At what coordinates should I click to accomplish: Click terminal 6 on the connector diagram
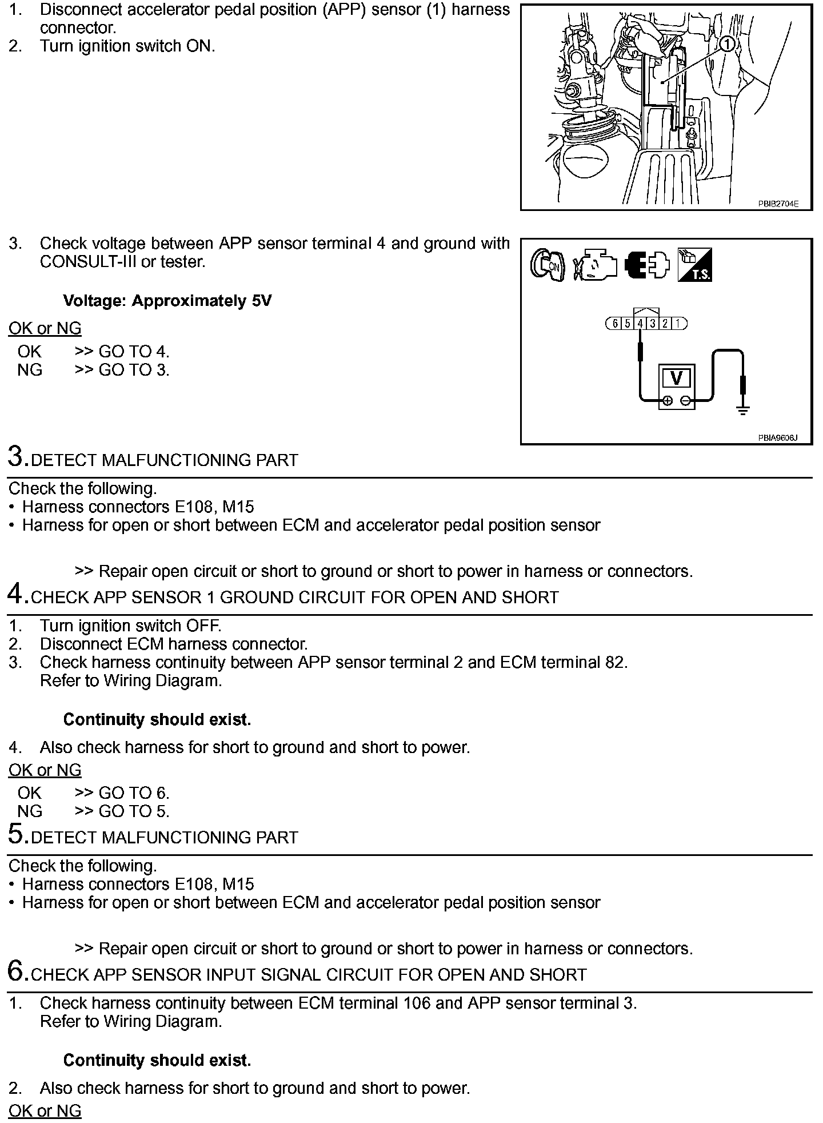click(x=615, y=324)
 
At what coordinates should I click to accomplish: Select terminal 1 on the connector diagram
click(x=678, y=324)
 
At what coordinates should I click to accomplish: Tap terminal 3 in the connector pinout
click(x=653, y=324)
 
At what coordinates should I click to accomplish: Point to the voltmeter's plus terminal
click(x=667, y=401)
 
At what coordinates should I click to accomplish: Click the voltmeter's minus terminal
click(x=685, y=401)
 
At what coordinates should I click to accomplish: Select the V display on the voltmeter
click(x=676, y=378)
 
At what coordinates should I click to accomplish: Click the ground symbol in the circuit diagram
click(x=743, y=409)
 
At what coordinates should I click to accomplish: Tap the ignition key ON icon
click(x=548, y=265)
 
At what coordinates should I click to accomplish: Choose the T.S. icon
click(x=694, y=265)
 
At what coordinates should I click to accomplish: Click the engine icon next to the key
click(x=596, y=265)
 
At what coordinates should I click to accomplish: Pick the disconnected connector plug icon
click(x=646, y=265)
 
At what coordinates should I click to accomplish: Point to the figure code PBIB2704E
click(x=778, y=203)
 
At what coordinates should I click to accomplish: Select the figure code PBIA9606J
click(x=778, y=438)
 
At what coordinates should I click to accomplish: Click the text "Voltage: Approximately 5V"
click(x=167, y=301)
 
